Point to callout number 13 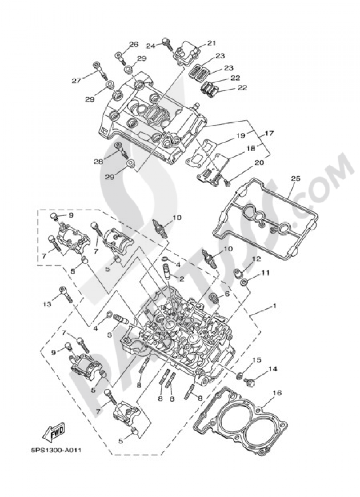coord(47,304)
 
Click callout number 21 coord(211,43)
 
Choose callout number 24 coord(150,46)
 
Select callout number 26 coord(133,45)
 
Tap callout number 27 coord(76,81)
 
